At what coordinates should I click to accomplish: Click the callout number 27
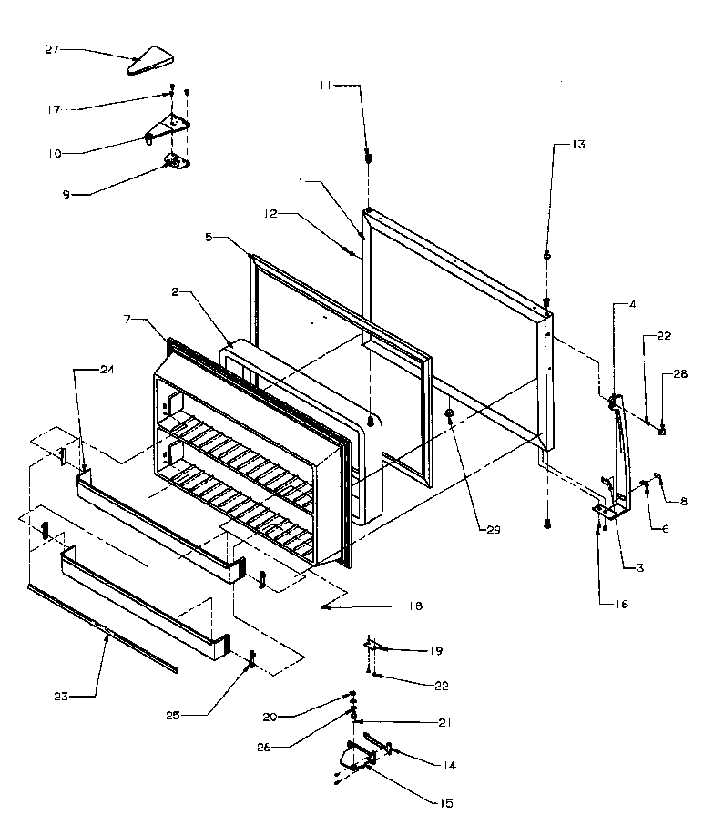point(52,49)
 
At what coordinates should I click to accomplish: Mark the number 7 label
point(127,320)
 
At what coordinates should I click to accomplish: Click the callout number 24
point(82,370)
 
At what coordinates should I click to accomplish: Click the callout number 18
point(416,606)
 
